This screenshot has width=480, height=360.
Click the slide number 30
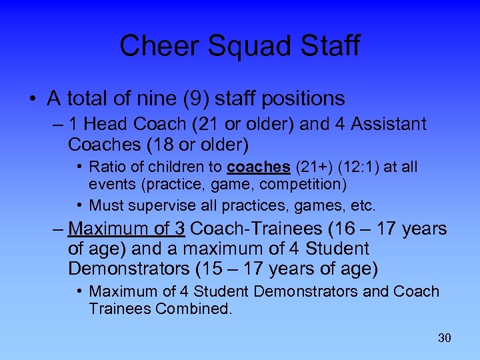point(445,338)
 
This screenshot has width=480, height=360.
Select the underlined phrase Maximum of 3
point(127,229)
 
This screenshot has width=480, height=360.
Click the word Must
point(106,205)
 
